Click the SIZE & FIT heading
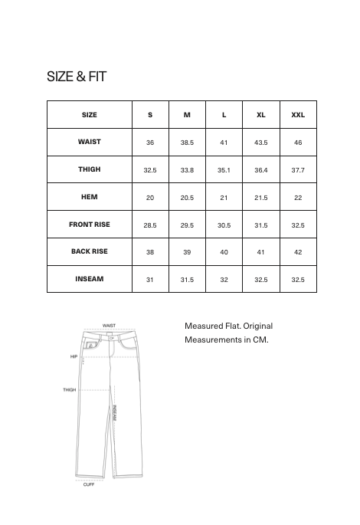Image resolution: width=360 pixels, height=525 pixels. pyautogui.click(x=77, y=77)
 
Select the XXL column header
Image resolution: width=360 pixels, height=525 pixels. pyautogui.click(x=298, y=115)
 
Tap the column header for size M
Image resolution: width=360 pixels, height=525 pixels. pyautogui.click(x=187, y=115)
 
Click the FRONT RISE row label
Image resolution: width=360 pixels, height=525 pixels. pyautogui.click(x=90, y=225)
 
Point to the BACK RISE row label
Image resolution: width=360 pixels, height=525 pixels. pyautogui.click(x=90, y=251)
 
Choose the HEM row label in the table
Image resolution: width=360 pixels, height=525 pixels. pyautogui.click(x=90, y=197)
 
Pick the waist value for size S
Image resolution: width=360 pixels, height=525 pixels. pyautogui.click(x=150, y=143)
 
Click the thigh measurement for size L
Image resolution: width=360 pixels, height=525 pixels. pyautogui.click(x=224, y=169)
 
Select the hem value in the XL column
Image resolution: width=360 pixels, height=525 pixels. pyautogui.click(x=261, y=198)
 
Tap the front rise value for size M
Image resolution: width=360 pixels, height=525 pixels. pyautogui.click(x=187, y=225)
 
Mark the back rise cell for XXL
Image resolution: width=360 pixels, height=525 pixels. pyautogui.click(x=298, y=252)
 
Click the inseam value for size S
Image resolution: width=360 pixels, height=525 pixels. pyautogui.click(x=150, y=280)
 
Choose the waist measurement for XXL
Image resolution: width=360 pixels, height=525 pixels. pyautogui.click(x=298, y=143)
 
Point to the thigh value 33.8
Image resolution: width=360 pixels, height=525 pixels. pyautogui.click(x=187, y=169)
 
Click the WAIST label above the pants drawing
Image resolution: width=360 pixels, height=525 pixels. pyautogui.click(x=109, y=325)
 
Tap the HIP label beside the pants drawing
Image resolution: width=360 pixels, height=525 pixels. pyautogui.click(x=74, y=356)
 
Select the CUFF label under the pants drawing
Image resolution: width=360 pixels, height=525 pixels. pyautogui.click(x=89, y=484)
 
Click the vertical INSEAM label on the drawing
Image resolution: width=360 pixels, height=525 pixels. pyautogui.click(x=114, y=413)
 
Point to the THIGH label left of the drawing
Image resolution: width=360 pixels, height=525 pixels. pyautogui.click(x=69, y=390)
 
